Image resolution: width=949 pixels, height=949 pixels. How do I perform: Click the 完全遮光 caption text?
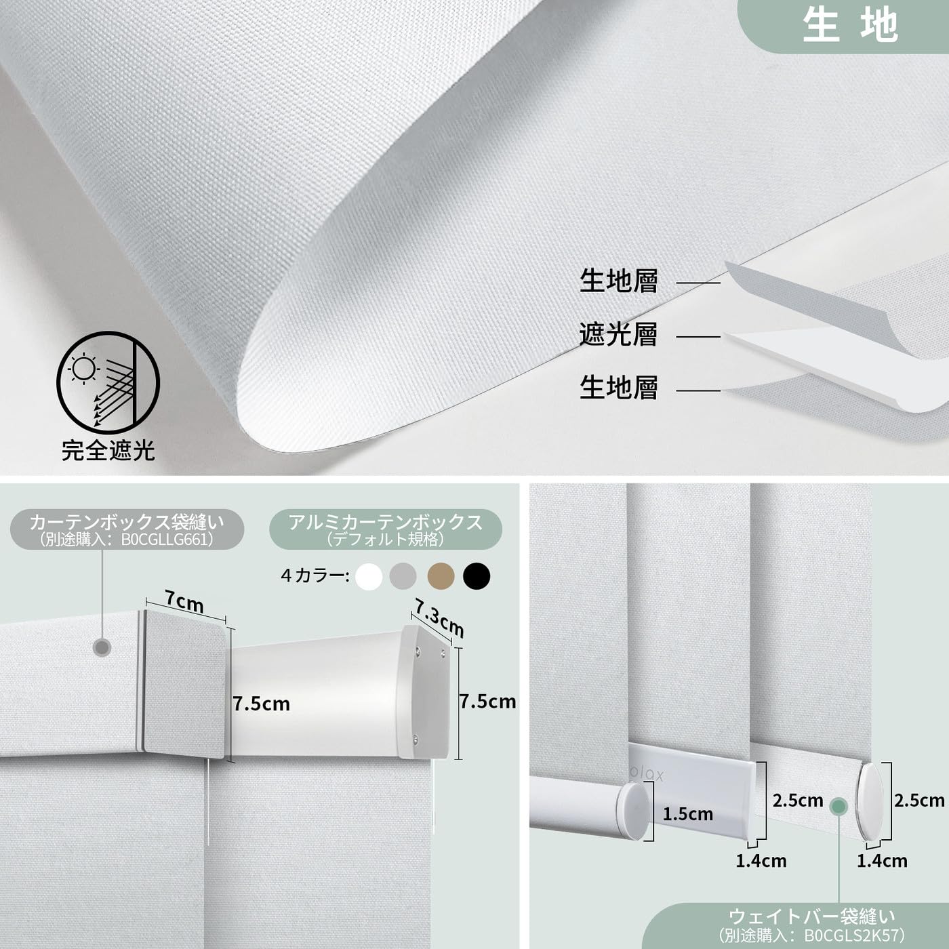[x=108, y=450]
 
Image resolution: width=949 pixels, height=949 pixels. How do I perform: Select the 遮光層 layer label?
[x=618, y=335]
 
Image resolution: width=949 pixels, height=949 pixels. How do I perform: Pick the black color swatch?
[x=477, y=577]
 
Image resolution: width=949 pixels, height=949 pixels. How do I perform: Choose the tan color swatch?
[x=441, y=577]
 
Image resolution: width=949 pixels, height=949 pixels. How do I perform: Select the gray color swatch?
[x=404, y=577]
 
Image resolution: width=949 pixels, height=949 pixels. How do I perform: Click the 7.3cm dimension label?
[x=439, y=618]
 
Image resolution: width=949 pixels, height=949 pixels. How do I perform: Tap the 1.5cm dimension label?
[x=687, y=814]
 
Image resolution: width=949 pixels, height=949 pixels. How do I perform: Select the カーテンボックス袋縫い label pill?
[x=127, y=529]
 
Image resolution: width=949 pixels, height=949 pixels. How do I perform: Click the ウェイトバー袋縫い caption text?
[x=811, y=917]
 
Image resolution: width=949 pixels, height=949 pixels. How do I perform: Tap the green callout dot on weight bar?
[x=839, y=807]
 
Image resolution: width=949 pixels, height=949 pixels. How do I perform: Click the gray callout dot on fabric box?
[x=102, y=647]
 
